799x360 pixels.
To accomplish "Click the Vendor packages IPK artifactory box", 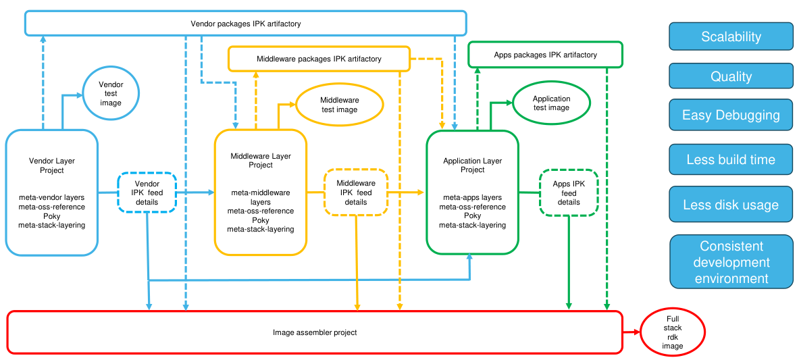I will [x=245, y=24].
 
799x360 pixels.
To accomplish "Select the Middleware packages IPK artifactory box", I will [x=319, y=59].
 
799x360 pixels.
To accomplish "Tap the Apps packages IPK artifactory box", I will [x=545, y=55].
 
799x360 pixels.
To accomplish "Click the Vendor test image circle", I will [x=111, y=94].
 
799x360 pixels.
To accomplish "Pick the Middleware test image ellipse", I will [x=339, y=105].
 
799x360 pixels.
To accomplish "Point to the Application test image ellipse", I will [x=551, y=103].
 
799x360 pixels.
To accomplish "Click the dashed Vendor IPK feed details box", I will [x=147, y=193].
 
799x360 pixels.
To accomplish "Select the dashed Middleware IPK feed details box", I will [x=356, y=192].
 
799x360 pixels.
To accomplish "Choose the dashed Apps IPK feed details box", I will [x=569, y=192].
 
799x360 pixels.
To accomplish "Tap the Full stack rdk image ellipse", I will [x=672, y=332].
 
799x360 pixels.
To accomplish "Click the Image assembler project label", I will [x=315, y=332].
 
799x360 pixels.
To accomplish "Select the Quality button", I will [x=731, y=76].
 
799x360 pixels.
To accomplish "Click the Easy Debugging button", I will [x=731, y=115].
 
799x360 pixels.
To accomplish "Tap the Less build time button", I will [x=731, y=160].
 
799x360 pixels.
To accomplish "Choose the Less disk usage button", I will [x=731, y=205].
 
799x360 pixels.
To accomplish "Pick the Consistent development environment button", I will [x=731, y=262].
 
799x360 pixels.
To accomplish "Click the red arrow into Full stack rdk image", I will [x=631, y=332].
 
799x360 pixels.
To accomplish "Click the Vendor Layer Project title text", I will [x=52, y=165].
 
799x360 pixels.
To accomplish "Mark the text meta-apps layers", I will [x=473, y=197].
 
